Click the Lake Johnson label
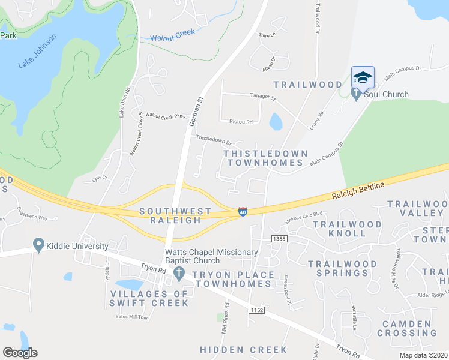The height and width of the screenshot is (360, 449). coord(37,51)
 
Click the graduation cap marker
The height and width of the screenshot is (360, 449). coord(362,77)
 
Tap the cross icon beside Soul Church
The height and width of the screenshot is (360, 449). coord(356,94)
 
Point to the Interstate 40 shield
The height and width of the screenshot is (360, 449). coord(243,212)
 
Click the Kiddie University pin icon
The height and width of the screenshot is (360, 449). coord(40,245)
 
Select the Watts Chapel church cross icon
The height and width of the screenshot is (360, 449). coord(178,274)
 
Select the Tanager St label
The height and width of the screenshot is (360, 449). coord(262,97)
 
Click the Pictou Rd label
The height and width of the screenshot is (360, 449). coord(240,122)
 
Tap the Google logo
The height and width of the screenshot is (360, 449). coord(19,353)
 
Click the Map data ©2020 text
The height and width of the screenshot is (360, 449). coord(423,355)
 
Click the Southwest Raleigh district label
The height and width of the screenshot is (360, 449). coord(175,216)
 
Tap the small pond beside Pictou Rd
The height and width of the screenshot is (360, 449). coord(276,122)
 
